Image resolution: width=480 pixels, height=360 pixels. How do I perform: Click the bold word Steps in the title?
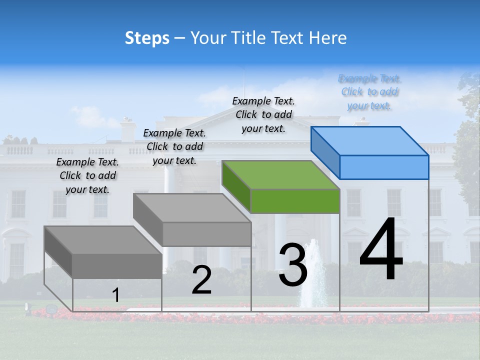147,38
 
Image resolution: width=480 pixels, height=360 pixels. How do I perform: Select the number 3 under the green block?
293,265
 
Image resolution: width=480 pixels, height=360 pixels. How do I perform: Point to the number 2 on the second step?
201,280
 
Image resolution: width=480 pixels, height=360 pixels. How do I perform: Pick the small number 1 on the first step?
115,295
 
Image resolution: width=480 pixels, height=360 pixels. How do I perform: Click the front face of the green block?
295,201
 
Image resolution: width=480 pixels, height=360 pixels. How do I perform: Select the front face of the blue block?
384,167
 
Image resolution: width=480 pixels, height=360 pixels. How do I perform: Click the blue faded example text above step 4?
369,92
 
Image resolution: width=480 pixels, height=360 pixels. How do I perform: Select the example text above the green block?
263,114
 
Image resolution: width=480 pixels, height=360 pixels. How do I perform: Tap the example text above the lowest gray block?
87,175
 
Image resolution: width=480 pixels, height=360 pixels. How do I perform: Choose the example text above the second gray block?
174,146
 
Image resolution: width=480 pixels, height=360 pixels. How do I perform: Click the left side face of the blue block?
325,152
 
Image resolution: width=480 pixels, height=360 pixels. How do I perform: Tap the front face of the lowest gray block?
117,265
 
